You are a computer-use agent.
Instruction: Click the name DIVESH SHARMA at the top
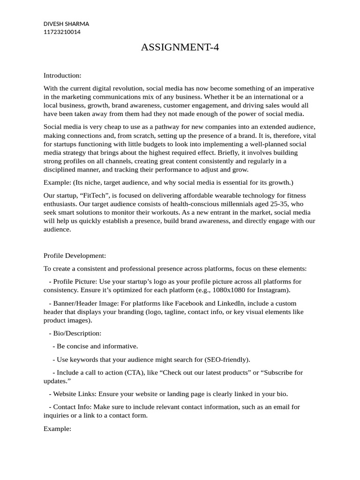pos(66,24)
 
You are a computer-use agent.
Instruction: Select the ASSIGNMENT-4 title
pos(180,47)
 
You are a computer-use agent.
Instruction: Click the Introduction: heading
pos(62,75)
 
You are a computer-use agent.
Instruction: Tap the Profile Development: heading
pos(75,255)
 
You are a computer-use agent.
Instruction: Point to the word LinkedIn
pos(235,303)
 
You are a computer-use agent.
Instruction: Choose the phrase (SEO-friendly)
pos(227,359)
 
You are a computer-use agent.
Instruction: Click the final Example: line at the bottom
pos(57,428)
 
